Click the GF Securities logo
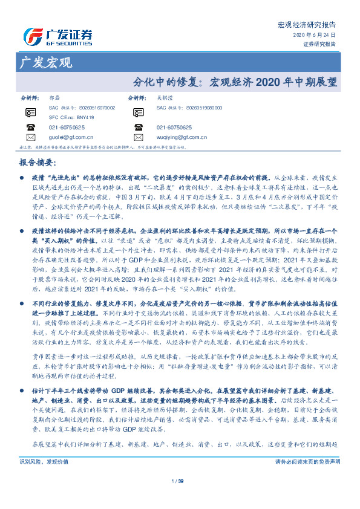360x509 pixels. [x=58, y=36]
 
